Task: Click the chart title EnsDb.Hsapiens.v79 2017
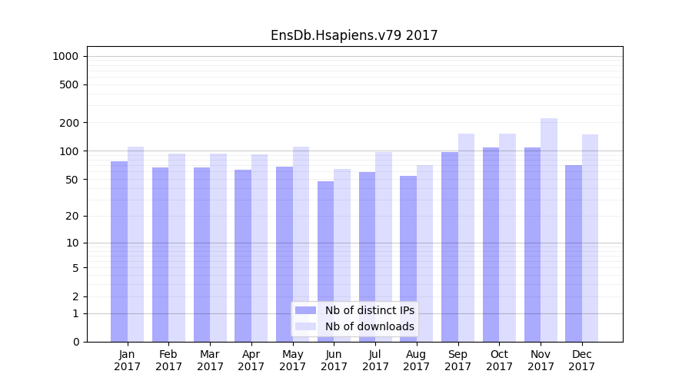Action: click(x=354, y=35)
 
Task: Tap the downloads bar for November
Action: click(x=549, y=230)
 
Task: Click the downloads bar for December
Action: click(x=590, y=238)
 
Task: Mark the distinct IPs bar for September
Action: click(x=450, y=247)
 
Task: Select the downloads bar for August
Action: click(x=424, y=253)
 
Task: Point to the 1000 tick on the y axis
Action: click(x=66, y=56)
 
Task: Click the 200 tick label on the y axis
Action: click(x=70, y=123)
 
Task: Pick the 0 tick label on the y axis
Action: click(x=76, y=342)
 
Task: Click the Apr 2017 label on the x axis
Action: click(x=251, y=360)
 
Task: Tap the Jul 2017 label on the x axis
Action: click(x=375, y=360)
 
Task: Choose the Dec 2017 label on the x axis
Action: click(x=582, y=360)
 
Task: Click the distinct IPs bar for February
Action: click(x=161, y=254)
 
